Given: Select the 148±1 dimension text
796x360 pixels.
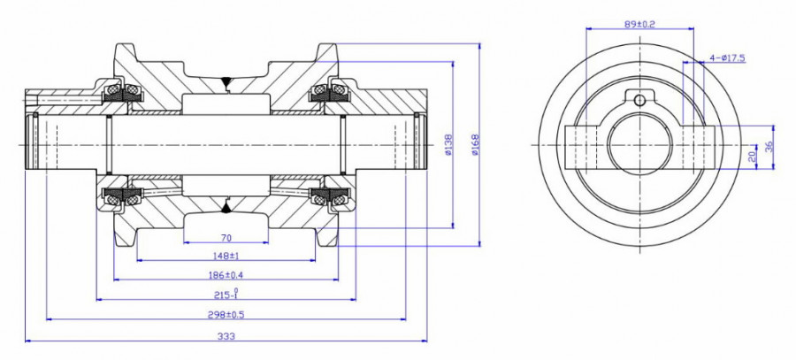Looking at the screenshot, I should click(x=226, y=256).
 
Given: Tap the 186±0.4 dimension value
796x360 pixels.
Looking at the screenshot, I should click(x=226, y=275).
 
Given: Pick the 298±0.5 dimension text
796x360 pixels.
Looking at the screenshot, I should click(x=226, y=314).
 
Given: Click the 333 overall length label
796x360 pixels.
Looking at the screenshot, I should click(x=226, y=334).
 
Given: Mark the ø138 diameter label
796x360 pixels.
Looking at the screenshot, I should click(x=449, y=144).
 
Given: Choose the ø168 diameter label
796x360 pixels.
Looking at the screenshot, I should click(x=476, y=144).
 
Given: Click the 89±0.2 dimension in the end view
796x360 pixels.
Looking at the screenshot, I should click(x=639, y=25).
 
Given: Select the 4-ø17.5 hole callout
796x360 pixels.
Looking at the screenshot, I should click(x=727, y=57).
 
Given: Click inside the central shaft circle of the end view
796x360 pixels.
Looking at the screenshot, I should click(x=639, y=143).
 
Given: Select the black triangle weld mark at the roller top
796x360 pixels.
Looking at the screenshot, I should click(x=226, y=84).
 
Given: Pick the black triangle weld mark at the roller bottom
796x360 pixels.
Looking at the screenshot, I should click(x=226, y=207).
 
